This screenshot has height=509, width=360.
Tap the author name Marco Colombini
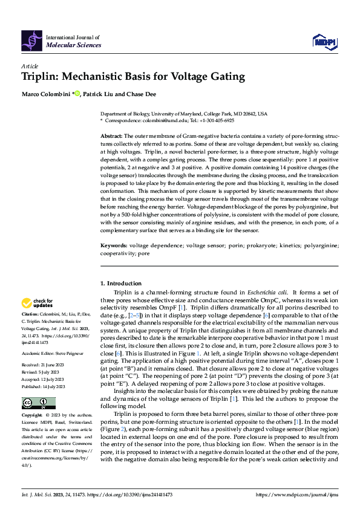click(45, 94)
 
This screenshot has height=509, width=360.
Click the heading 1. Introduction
click(120, 284)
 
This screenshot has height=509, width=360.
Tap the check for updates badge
click(38, 303)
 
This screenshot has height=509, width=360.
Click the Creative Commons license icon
click(38, 403)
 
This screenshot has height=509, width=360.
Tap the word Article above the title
click(30, 65)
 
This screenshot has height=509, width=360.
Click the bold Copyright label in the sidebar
click(32, 416)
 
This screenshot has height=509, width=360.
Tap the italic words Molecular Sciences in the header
click(74, 45)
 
